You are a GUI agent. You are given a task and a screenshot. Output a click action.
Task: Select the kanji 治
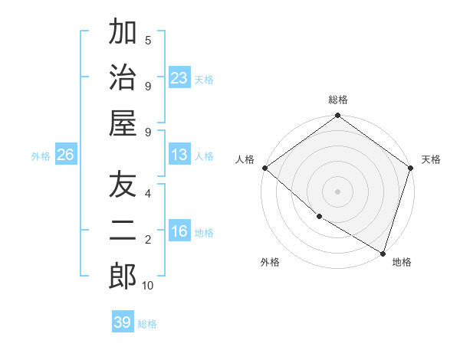(x=123, y=77)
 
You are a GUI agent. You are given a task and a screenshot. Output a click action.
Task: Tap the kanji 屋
(x=123, y=123)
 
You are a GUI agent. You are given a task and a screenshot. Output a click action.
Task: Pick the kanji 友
(x=123, y=185)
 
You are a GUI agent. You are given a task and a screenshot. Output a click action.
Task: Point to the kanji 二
(x=123, y=231)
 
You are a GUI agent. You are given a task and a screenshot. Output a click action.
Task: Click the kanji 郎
(x=123, y=276)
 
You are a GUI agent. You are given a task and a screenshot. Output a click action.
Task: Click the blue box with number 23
(x=179, y=77)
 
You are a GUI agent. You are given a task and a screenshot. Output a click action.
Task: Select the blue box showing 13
(x=179, y=155)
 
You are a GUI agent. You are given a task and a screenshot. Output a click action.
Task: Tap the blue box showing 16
(x=179, y=232)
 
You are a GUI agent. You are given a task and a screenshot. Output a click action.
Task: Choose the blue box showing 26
(x=65, y=155)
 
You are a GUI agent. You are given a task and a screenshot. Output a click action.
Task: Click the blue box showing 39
(x=123, y=322)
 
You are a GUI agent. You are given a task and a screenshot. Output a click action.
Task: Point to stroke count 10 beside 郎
(x=147, y=286)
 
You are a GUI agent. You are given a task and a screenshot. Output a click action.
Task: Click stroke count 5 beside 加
(x=147, y=40)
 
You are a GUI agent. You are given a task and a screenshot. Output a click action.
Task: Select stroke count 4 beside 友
(x=147, y=193)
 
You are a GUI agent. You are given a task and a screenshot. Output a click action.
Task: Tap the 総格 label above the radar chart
(x=337, y=100)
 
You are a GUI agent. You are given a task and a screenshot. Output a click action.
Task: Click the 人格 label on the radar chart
(x=245, y=159)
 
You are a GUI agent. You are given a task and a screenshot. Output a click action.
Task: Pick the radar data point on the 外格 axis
(x=319, y=217)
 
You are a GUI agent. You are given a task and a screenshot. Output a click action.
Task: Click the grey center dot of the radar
(x=337, y=191)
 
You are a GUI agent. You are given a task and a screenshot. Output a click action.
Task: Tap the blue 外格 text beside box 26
(x=41, y=156)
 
